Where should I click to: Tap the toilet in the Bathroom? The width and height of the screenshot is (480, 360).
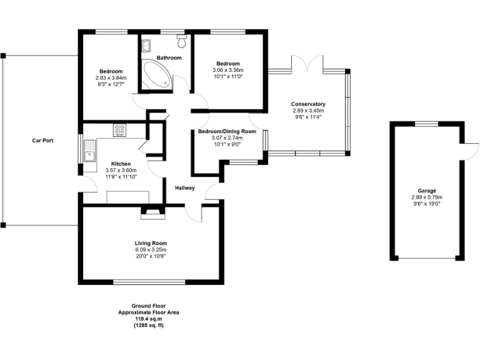(x=182, y=42)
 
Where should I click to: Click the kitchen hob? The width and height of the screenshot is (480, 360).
(x=119, y=129)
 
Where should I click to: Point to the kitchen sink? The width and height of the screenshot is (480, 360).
(x=91, y=151)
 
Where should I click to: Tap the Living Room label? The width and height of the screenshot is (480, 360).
(x=151, y=243)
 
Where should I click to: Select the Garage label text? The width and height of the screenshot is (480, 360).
(x=427, y=191)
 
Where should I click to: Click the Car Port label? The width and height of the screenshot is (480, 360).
(x=43, y=141)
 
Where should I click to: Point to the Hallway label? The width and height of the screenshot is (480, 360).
(x=185, y=187)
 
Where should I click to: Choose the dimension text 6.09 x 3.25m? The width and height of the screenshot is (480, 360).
(x=151, y=249)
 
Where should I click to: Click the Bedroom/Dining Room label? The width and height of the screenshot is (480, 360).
(x=227, y=132)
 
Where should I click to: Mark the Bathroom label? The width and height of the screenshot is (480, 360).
(x=169, y=58)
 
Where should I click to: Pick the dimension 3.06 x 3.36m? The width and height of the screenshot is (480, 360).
(x=227, y=71)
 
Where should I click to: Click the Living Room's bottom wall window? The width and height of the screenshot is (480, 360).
(x=150, y=282)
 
